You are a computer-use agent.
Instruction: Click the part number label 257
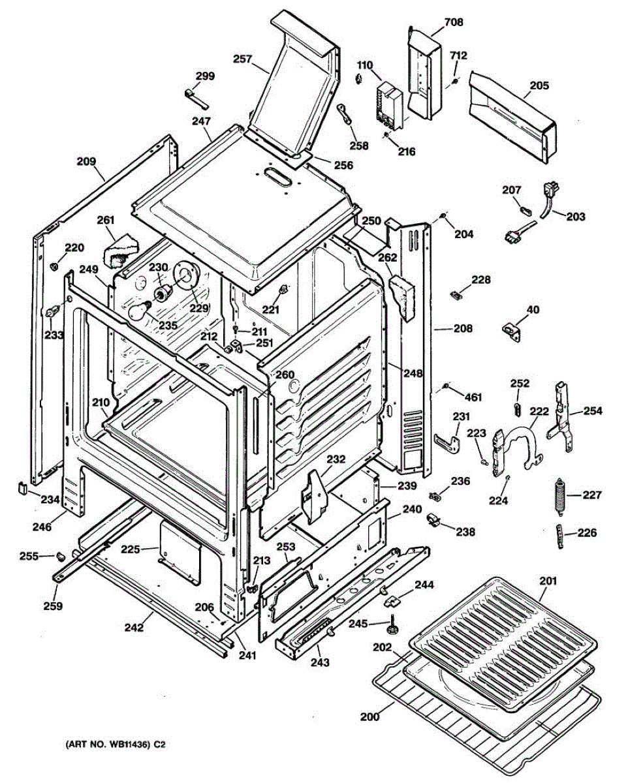pyautogui.click(x=243, y=59)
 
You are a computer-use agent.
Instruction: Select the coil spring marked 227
pyautogui.click(x=559, y=496)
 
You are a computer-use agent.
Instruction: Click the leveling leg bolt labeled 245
pyautogui.click(x=394, y=626)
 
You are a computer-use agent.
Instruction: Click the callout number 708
pyautogui.click(x=454, y=22)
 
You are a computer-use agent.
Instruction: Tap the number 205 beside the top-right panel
pyautogui.click(x=539, y=85)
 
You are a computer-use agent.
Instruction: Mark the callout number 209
pyautogui.click(x=87, y=161)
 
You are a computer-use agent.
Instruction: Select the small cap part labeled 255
pyautogui.click(x=59, y=556)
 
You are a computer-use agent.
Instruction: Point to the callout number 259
pyautogui.click(x=53, y=606)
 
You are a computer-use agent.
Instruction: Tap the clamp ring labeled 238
pyautogui.click(x=432, y=521)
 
